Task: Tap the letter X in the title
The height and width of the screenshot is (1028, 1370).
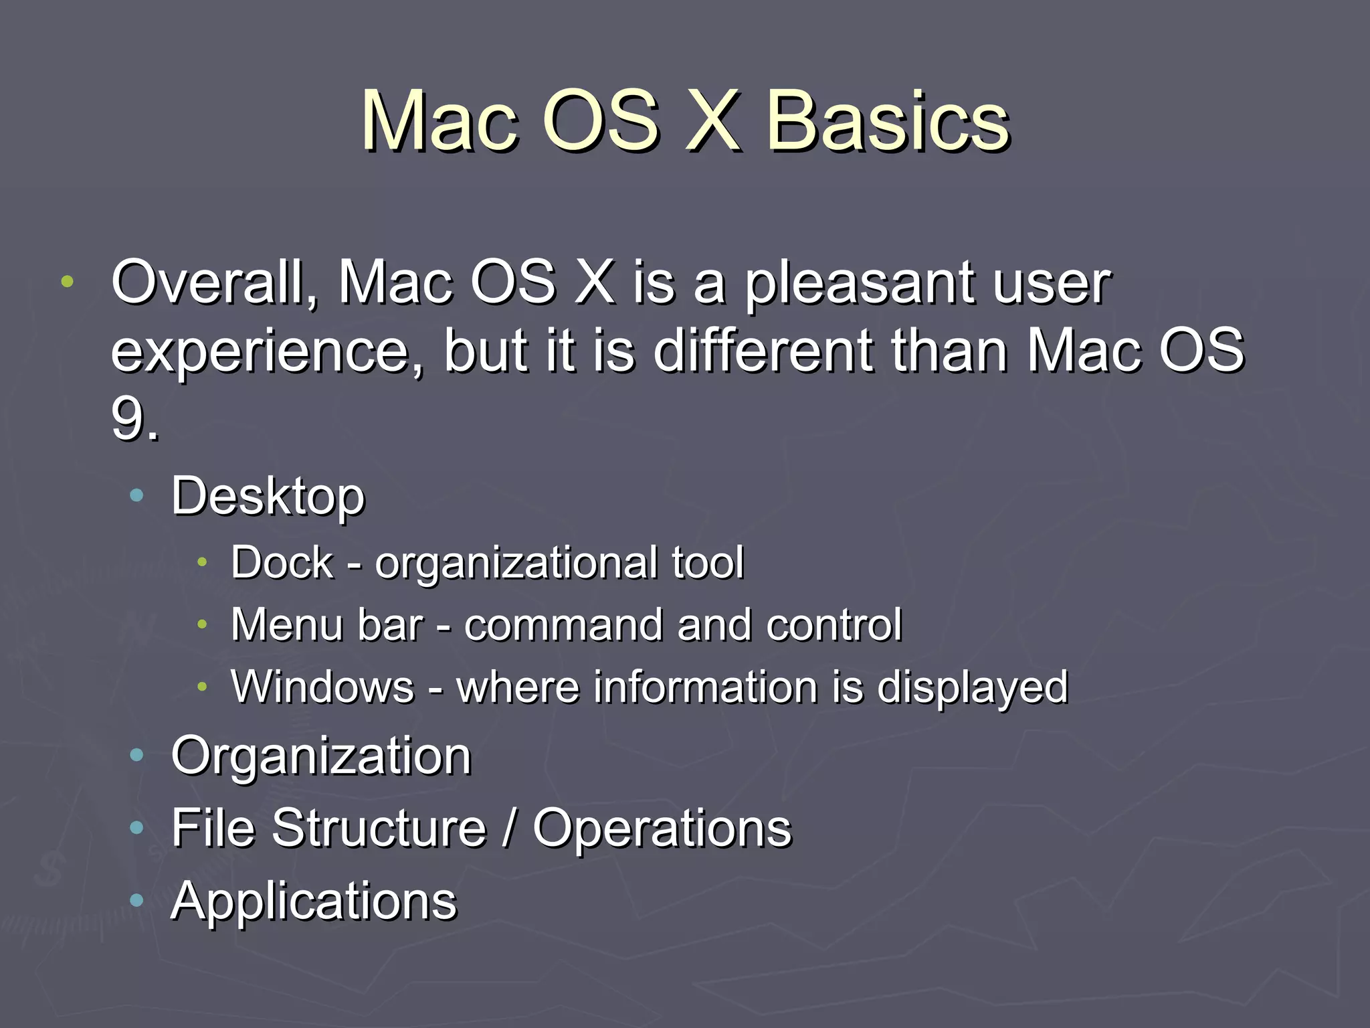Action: [713, 122]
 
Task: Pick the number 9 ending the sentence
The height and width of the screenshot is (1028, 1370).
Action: [127, 420]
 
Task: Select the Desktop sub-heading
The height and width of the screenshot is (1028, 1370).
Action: [268, 497]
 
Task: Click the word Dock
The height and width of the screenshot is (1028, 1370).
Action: [282, 562]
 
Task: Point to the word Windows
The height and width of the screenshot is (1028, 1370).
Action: [322, 687]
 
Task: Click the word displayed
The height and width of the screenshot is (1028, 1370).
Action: [972, 688]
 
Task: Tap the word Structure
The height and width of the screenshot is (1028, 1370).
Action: [379, 828]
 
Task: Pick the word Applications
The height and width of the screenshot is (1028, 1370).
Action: [314, 902]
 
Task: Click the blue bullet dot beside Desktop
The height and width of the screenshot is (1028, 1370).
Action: [136, 496]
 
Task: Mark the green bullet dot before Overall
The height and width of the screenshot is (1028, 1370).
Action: [67, 282]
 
